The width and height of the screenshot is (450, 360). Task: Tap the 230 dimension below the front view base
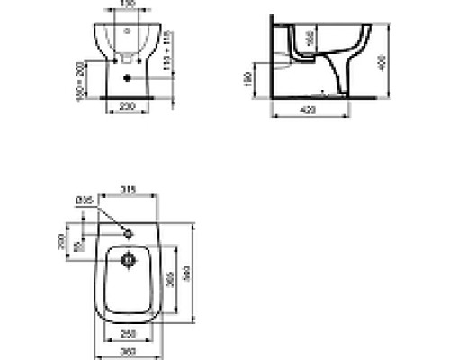pos(126,104)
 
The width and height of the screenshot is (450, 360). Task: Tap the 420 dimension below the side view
pos(308,111)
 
